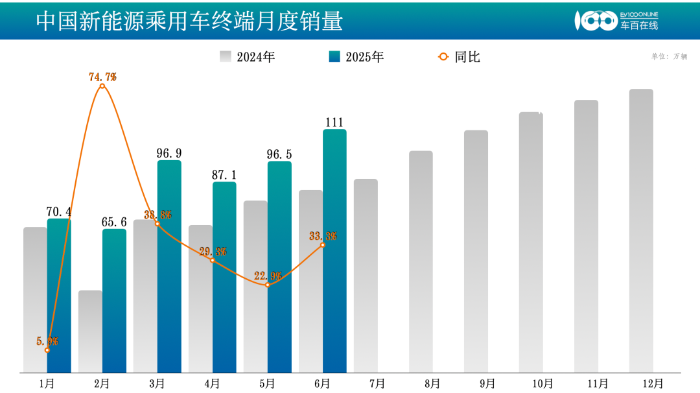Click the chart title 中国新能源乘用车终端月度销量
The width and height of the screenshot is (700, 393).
(x=189, y=21)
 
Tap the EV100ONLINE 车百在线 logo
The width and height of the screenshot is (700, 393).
(x=616, y=21)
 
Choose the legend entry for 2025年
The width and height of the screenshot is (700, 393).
(x=356, y=57)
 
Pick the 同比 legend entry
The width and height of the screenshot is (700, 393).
(x=460, y=57)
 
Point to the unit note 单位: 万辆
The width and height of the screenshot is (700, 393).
(x=669, y=56)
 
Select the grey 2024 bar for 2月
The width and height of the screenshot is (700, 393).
(x=90, y=331)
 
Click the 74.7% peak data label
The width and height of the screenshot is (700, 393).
(x=102, y=77)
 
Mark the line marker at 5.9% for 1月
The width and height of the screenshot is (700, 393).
(x=47, y=350)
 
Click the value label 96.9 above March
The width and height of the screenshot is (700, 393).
(x=169, y=154)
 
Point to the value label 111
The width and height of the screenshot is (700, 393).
(x=334, y=123)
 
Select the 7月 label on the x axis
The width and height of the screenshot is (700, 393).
(x=377, y=383)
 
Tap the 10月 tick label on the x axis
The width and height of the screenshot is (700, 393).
(x=542, y=383)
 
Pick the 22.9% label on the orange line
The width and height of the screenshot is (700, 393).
(x=268, y=276)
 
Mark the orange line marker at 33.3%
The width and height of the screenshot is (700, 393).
(x=323, y=244)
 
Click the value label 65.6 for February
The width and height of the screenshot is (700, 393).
(x=114, y=222)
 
